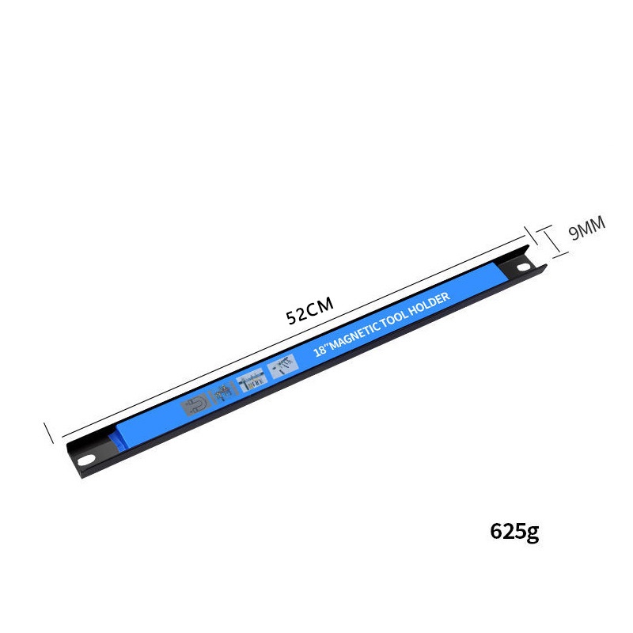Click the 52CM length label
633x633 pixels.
(309, 310)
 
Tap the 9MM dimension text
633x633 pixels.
(586, 228)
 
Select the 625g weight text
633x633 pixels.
(514, 531)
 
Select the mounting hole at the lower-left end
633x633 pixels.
(86, 460)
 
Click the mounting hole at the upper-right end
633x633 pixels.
(524, 267)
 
